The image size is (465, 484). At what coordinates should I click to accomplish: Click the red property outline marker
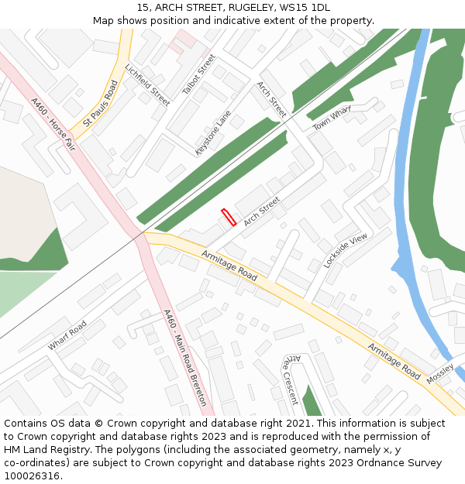[229, 218]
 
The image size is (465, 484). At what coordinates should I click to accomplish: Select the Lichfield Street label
[152, 85]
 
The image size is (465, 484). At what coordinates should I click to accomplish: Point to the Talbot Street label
[198, 75]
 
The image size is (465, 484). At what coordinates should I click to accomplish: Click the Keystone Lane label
[213, 133]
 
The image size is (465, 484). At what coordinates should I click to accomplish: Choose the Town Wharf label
[332, 118]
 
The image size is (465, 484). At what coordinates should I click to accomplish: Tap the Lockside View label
[346, 250]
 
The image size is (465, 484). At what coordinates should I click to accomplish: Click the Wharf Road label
[67, 335]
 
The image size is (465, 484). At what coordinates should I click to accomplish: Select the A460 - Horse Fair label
[53, 124]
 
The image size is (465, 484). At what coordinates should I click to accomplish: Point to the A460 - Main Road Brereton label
[185, 357]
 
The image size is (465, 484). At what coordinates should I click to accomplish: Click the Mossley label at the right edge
[439, 370]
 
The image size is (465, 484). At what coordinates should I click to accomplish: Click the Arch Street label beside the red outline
[261, 211]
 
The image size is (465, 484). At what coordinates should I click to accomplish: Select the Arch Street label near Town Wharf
[271, 100]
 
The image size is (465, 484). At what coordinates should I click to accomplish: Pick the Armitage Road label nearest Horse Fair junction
[229, 265]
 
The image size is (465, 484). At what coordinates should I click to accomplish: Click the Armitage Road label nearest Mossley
[394, 361]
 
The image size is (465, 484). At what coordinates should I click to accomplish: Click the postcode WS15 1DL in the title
[308, 8]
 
